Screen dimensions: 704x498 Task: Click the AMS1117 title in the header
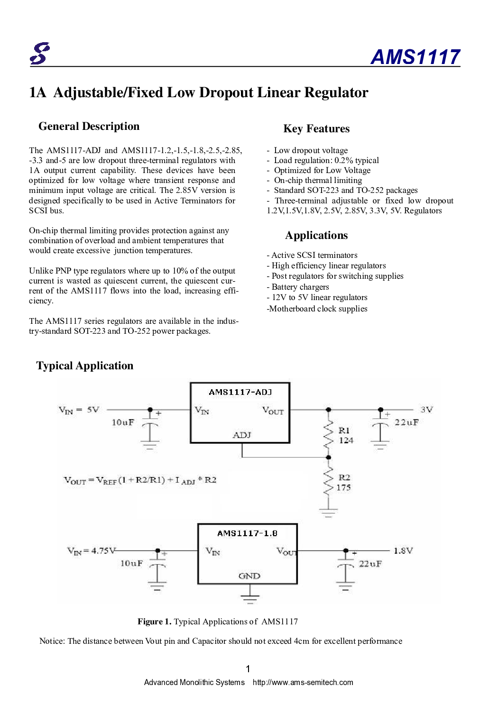click(x=415, y=57)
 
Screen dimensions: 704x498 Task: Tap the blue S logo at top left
click(x=40, y=54)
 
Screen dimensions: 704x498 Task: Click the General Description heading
click(x=89, y=127)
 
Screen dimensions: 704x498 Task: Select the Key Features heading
click(x=316, y=129)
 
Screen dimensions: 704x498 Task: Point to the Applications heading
click(x=316, y=236)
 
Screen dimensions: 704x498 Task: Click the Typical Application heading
click(x=85, y=366)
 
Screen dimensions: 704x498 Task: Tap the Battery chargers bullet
click(x=300, y=287)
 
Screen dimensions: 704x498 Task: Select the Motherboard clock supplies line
click(x=317, y=309)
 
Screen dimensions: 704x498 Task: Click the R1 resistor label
click(x=344, y=430)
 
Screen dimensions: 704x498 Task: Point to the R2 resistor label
click(x=344, y=477)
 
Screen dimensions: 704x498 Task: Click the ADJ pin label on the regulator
click(x=242, y=435)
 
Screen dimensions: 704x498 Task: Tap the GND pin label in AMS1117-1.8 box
click(x=249, y=576)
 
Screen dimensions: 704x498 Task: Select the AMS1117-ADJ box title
click(x=240, y=392)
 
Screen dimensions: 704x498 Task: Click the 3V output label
click(x=426, y=410)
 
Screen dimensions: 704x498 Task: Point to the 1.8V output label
click(x=403, y=551)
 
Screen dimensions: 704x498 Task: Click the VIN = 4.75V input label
click(x=92, y=551)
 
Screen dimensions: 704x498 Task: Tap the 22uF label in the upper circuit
click(x=406, y=422)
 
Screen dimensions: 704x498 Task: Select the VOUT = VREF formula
click(x=140, y=480)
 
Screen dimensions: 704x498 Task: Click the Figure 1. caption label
click(x=154, y=622)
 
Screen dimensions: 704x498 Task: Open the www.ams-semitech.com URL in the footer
click(x=303, y=682)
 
